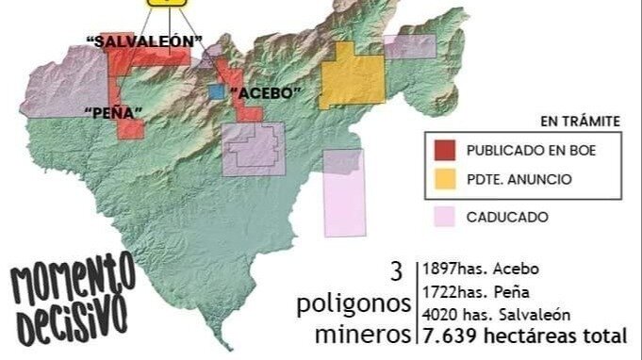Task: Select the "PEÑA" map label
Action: tap(112, 113)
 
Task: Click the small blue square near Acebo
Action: tap(218, 92)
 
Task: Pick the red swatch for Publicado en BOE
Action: tap(446, 149)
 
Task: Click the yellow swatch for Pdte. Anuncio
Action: tap(446, 177)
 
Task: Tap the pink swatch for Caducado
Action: tap(446, 217)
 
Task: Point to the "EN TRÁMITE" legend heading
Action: tap(579, 121)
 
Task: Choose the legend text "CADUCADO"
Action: tap(507, 217)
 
